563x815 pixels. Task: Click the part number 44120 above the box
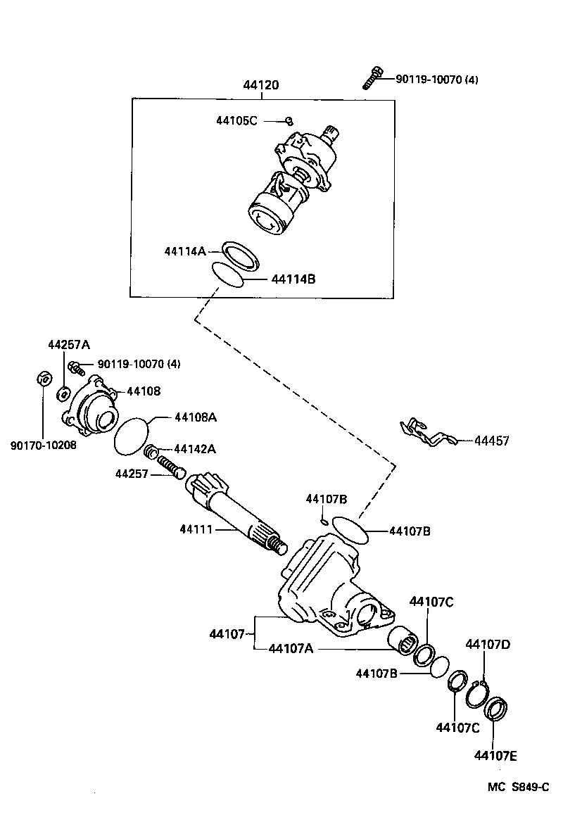click(261, 86)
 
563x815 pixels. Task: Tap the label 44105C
click(236, 121)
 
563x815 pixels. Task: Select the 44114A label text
click(184, 251)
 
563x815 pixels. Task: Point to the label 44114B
click(293, 279)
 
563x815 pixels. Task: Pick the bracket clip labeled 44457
click(426, 433)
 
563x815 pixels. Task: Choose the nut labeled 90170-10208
click(42, 379)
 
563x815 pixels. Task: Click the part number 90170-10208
click(44, 445)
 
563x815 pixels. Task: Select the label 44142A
click(194, 449)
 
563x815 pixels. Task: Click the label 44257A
click(69, 344)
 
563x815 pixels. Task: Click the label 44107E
click(495, 756)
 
